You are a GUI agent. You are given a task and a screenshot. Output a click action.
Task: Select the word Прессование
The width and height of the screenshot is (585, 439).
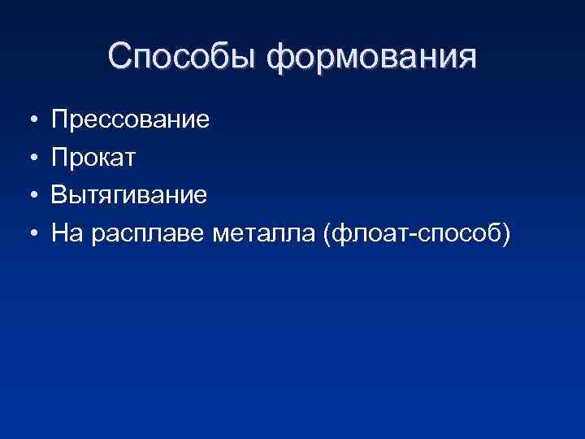(130, 121)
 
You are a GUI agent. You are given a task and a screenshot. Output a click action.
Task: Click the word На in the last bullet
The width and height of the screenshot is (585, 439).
(67, 234)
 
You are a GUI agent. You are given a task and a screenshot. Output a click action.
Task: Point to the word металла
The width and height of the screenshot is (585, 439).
(264, 234)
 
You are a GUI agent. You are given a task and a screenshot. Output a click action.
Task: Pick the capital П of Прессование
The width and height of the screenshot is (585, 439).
(60, 121)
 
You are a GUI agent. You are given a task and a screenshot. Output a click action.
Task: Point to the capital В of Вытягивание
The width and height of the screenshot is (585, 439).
(59, 196)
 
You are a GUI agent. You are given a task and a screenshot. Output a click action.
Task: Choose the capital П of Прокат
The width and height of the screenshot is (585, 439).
(60, 159)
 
